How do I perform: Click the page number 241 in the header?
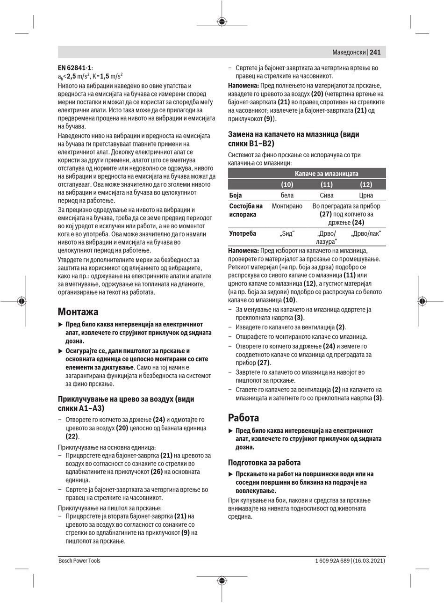point(375,52)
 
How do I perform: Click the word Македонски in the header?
point(349,52)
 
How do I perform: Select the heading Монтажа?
point(78,312)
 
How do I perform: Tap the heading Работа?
point(243,417)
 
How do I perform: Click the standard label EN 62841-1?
point(75,68)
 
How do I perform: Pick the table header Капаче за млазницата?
point(326,174)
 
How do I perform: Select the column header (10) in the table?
point(287,184)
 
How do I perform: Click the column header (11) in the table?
point(327,184)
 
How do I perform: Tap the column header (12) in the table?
point(366,184)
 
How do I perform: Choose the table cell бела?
point(287,195)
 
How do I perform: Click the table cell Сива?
point(327,195)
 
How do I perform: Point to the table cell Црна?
point(366,195)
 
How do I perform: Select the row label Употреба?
point(242,233)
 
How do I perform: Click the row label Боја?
point(236,195)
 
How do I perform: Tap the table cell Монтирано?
point(287,206)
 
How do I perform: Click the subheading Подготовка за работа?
point(264,462)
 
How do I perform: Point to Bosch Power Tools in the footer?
point(79,560)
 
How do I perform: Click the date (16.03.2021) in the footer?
point(369,560)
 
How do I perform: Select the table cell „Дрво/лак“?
point(366,233)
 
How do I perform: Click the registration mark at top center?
point(222,21)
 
